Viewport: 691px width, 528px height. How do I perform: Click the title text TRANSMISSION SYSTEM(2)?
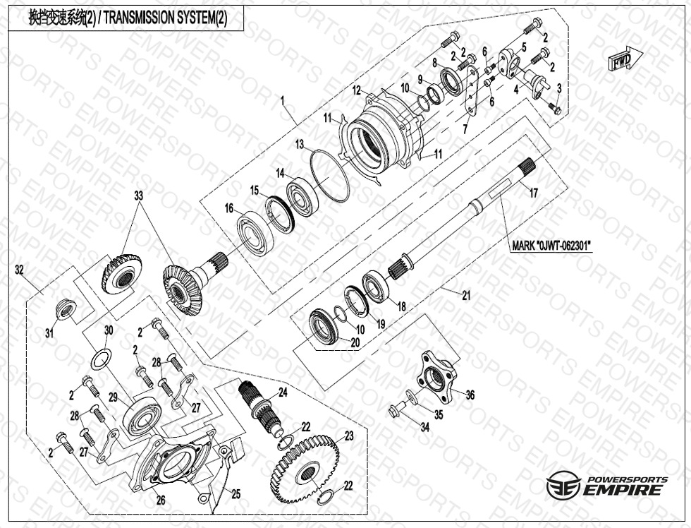click(128, 18)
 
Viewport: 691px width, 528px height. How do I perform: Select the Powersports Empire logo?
click(606, 486)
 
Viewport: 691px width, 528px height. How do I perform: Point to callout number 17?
click(534, 192)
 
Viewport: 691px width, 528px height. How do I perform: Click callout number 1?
click(282, 102)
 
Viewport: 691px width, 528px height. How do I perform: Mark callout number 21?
click(466, 296)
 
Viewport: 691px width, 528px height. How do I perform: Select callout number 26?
click(160, 500)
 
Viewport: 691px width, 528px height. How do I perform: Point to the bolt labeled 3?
click(554, 109)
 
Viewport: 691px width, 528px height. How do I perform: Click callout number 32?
click(20, 269)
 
